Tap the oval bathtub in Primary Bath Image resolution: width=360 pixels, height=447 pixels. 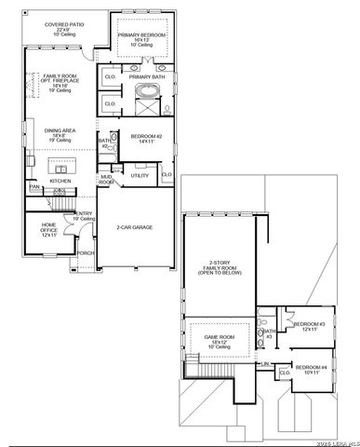[x=147, y=92]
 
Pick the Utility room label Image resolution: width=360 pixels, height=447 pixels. [x=140, y=174]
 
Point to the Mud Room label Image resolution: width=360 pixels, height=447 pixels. [x=106, y=180]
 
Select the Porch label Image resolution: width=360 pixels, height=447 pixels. [x=86, y=252]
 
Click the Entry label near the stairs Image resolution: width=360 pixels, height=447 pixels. [x=85, y=216]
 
